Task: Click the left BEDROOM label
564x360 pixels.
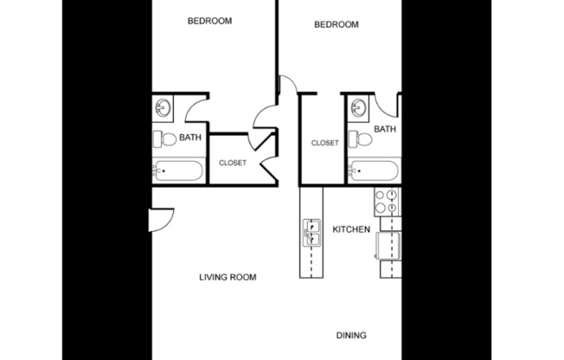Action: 209,21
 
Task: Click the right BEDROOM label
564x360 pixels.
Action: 336,25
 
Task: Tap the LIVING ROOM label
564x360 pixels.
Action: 228,278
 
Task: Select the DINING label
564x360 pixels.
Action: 351,336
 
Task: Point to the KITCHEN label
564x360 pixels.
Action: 351,229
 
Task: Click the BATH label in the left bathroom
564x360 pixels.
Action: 190,137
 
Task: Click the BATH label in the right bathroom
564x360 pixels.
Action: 385,130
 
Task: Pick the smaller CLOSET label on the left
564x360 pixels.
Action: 232,163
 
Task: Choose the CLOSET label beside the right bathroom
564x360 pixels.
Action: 324,143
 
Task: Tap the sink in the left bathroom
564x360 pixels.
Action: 163,107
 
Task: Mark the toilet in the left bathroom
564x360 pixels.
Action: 165,138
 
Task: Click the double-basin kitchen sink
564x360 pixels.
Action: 311,232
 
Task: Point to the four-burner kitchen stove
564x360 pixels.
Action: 385,202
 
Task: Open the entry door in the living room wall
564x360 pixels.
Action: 161,219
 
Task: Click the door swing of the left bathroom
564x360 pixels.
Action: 195,108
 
